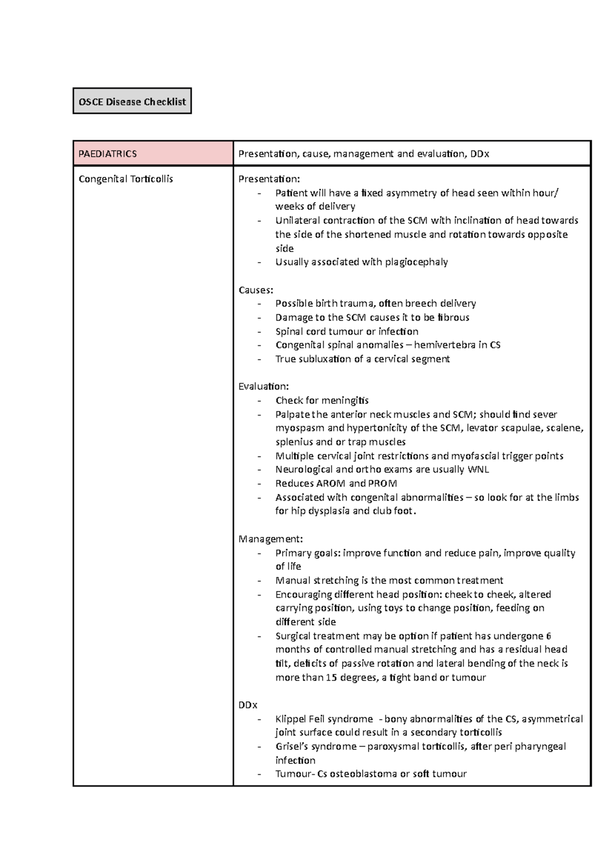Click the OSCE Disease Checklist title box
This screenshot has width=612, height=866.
click(132, 101)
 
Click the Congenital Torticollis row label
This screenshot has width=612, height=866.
click(125, 179)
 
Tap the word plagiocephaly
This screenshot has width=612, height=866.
click(416, 262)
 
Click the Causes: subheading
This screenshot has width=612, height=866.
click(256, 290)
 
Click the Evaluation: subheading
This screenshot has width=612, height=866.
click(263, 386)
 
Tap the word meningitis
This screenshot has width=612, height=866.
click(344, 400)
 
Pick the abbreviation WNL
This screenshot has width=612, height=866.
click(478, 469)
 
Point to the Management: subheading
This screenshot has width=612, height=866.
click(270, 539)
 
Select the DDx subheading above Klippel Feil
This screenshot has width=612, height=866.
click(248, 705)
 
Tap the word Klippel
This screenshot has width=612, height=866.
click(291, 719)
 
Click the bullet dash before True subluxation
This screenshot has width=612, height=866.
click(260, 359)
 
